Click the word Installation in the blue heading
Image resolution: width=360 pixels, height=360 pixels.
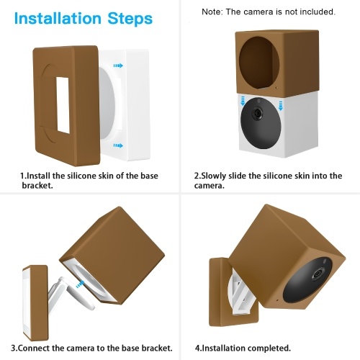(x=58, y=18)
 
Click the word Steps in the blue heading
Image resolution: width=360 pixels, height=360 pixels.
(x=130, y=19)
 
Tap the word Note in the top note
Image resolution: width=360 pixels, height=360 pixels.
(x=212, y=12)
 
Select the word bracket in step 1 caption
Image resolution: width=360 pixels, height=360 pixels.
(x=37, y=185)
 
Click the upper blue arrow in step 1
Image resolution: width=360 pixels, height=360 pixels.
(x=118, y=66)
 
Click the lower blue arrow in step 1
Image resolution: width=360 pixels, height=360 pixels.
(x=118, y=145)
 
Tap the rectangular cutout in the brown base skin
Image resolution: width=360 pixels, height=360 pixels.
(x=63, y=105)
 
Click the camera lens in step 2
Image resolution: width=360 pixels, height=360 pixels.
(x=258, y=112)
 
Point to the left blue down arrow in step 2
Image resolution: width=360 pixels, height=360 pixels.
(x=243, y=101)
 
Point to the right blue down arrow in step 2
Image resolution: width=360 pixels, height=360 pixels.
(x=280, y=106)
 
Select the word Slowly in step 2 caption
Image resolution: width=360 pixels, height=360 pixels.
(x=214, y=176)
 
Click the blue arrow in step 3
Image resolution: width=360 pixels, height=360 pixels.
(x=79, y=284)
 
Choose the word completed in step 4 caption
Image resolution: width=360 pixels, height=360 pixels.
(x=269, y=348)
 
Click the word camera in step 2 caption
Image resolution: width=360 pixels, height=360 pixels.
(x=209, y=186)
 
